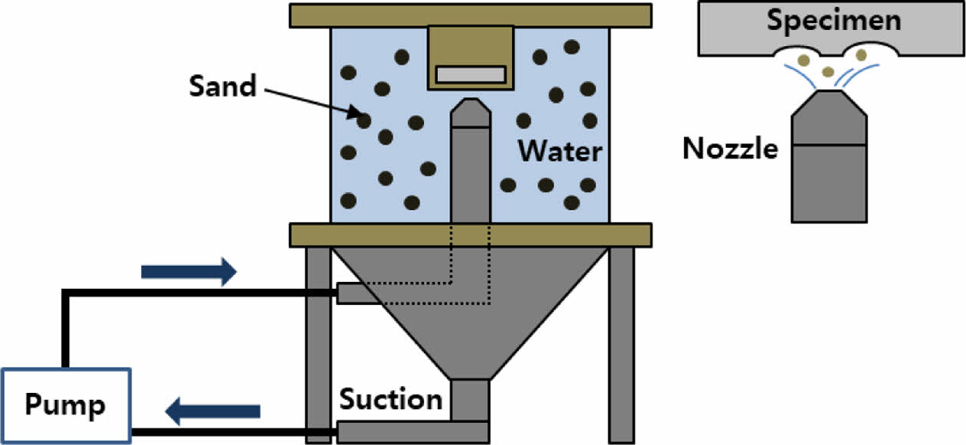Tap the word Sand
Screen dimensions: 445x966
click(222, 87)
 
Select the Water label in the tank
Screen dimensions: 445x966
click(559, 151)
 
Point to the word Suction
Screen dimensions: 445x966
click(391, 399)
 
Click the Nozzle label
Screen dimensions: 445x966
click(730, 148)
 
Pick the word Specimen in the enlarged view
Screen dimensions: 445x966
click(834, 21)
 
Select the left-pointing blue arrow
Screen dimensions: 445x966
click(214, 411)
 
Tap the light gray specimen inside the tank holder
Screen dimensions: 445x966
click(471, 74)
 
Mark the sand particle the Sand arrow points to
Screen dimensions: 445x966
click(363, 120)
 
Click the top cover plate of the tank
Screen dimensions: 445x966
click(471, 15)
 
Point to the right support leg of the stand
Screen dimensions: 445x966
click(622, 345)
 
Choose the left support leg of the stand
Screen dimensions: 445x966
click(317, 345)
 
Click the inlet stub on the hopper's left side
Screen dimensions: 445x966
click(353, 293)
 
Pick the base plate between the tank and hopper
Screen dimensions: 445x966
click(471, 235)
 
